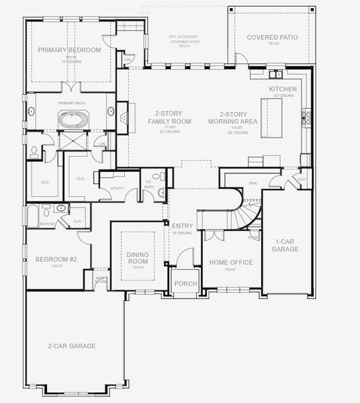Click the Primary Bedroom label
69,50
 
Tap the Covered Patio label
272,37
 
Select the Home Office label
231,262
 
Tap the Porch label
185,284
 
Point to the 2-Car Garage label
72,346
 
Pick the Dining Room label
137,258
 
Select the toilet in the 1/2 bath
161,193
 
